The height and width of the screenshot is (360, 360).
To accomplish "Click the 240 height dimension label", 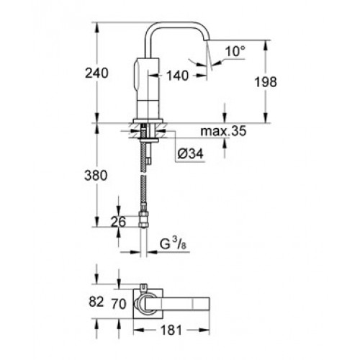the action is (x=96, y=73).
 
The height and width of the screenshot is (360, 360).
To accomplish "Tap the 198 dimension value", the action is (x=266, y=82).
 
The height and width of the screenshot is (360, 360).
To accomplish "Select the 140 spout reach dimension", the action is (x=178, y=76).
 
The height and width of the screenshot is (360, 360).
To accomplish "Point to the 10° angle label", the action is (x=235, y=51).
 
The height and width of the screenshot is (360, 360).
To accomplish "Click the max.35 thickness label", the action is (x=223, y=131).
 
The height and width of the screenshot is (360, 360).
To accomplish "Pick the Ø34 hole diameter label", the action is (x=190, y=153).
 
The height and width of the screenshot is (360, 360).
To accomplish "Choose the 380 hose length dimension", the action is (x=96, y=176).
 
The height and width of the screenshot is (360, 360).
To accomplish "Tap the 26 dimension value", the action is (x=118, y=222).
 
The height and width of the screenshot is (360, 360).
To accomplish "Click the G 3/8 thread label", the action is (x=173, y=244).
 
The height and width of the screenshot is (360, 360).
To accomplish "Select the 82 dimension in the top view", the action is (x=96, y=302).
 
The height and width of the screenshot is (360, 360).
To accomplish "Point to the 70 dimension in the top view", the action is (x=119, y=305).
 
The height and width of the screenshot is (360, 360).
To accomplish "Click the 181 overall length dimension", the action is (x=171, y=330).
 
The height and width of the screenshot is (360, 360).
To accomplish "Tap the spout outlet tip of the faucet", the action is (x=206, y=40).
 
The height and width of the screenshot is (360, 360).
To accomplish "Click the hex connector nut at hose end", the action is (x=143, y=219).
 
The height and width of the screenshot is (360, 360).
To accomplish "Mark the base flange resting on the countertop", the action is (x=148, y=121).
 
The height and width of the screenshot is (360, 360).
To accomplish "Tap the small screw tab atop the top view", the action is (x=143, y=287).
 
